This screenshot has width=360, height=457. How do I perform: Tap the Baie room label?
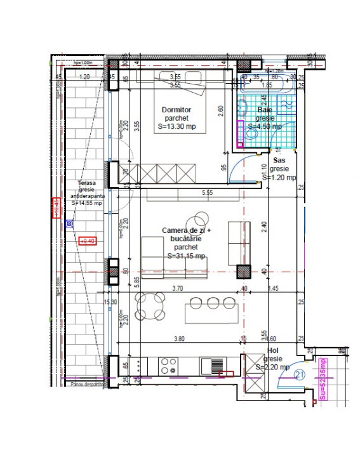[264, 110]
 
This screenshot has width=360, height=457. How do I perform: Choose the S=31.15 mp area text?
[186, 256]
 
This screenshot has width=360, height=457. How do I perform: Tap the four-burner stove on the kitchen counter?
[169, 366]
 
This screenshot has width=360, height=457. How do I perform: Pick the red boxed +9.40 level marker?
[88, 241]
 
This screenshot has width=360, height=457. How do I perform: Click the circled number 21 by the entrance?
[300, 376]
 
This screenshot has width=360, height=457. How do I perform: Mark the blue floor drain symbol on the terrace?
[69, 223]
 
